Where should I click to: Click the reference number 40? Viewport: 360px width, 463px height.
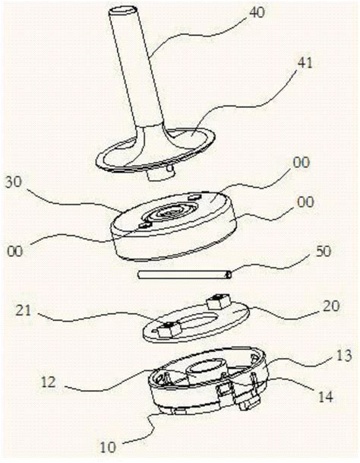[x=257, y=13]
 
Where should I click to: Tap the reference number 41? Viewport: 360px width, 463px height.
[x=305, y=63]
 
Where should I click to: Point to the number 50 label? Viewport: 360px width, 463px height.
[x=323, y=252]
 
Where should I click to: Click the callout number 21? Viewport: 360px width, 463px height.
[x=24, y=309]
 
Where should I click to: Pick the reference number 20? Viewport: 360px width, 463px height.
[x=331, y=306]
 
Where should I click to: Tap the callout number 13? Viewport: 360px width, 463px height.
[x=344, y=356]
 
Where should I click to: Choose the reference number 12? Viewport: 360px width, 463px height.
[x=48, y=382]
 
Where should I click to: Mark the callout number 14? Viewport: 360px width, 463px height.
[x=326, y=397]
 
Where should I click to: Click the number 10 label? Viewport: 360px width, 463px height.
[x=108, y=447]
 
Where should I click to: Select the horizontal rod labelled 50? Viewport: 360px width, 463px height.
[x=185, y=275]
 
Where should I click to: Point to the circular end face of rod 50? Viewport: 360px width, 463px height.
[x=228, y=275]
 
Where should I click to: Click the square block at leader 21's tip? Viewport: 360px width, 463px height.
[x=165, y=329]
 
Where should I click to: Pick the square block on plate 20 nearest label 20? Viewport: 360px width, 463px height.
[x=219, y=301]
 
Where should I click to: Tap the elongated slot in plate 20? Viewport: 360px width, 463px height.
[x=193, y=322]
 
